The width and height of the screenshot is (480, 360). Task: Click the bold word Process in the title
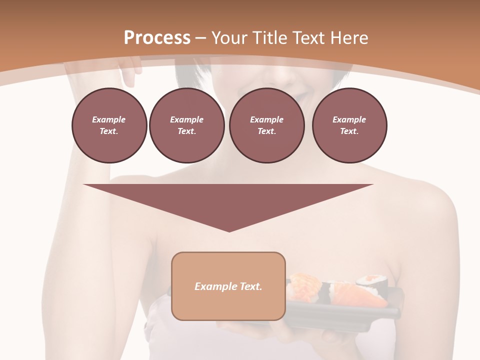click(x=157, y=37)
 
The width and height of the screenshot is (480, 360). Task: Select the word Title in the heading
click(x=272, y=38)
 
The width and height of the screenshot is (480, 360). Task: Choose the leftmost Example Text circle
click(x=109, y=125)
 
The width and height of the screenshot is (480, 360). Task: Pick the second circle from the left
click(x=186, y=125)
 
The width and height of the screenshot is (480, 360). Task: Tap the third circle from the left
click(x=266, y=125)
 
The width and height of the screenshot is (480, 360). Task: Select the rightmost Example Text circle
click(x=349, y=125)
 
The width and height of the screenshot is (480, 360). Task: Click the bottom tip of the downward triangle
click(x=229, y=230)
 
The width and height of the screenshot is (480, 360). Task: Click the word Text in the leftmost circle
click(x=109, y=131)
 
